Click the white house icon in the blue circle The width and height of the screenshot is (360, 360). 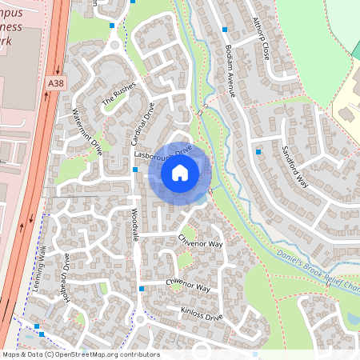click(180, 172)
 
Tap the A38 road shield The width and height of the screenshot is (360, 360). click(54, 83)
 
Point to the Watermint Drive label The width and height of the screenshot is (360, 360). click(88, 131)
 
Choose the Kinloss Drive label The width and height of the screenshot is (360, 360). click(202, 313)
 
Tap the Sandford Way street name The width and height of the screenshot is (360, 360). click(295, 165)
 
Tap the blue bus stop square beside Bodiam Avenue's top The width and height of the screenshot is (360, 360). click(226, 30)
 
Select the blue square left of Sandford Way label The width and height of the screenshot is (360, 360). click(258, 150)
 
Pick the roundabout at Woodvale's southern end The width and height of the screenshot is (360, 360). click(141, 319)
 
